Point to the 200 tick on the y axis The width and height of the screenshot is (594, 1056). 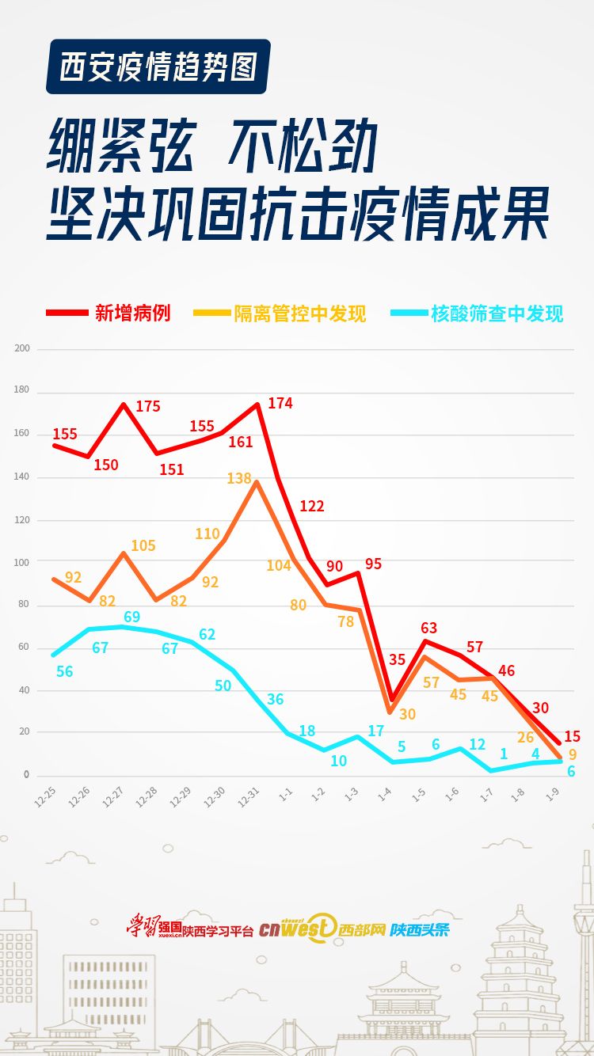(21, 348)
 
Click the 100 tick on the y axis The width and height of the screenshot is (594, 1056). (21, 562)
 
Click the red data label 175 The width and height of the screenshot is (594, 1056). (148, 407)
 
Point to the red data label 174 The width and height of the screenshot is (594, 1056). (280, 403)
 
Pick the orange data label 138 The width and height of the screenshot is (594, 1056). (238, 478)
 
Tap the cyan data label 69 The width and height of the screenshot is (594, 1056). (132, 617)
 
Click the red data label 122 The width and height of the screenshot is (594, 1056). (312, 506)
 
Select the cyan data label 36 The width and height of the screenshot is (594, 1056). (275, 699)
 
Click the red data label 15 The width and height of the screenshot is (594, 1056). (572, 736)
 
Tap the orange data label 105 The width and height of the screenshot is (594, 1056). (143, 545)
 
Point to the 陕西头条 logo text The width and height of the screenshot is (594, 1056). (419, 929)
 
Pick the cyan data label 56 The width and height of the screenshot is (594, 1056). (65, 671)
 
